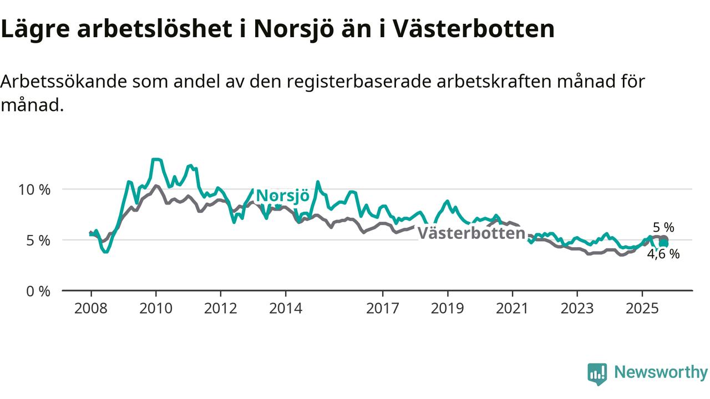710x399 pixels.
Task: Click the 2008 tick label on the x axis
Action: pos(91,308)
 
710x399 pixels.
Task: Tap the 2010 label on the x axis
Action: pos(156,308)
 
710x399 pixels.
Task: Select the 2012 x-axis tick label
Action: pos(221,308)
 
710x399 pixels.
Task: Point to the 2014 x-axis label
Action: pos(286,308)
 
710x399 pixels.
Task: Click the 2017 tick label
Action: pos(383,308)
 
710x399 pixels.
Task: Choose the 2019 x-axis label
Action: pos(448,308)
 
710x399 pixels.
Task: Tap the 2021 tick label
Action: pos(513,308)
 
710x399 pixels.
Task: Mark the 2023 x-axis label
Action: pos(577,308)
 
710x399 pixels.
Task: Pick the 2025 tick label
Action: pos(642,308)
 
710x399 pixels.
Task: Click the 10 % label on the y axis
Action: pos(34,190)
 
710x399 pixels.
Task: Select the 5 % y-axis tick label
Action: pos(38,241)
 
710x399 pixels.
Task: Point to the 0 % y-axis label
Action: pos(38,291)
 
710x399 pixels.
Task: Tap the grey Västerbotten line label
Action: pos(471,233)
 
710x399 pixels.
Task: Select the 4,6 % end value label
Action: pos(663,254)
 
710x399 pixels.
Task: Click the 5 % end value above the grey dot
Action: pos(663,227)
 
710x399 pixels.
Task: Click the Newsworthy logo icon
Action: pos(597,374)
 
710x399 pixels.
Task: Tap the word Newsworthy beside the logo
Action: pos(661,372)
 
